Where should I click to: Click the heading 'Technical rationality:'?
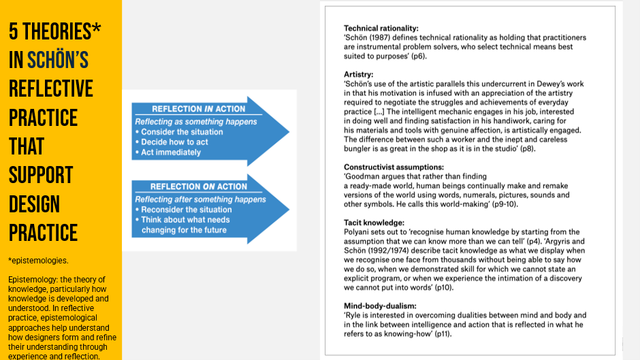(x=381, y=28)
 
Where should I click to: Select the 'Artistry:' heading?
(x=358, y=74)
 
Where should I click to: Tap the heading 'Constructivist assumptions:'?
(x=394, y=167)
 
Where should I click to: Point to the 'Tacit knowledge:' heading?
(x=374, y=223)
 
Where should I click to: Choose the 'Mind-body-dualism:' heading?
(x=379, y=306)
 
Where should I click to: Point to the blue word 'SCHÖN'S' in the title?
(x=58, y=60)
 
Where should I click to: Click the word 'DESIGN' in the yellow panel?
(x=34, y=203)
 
